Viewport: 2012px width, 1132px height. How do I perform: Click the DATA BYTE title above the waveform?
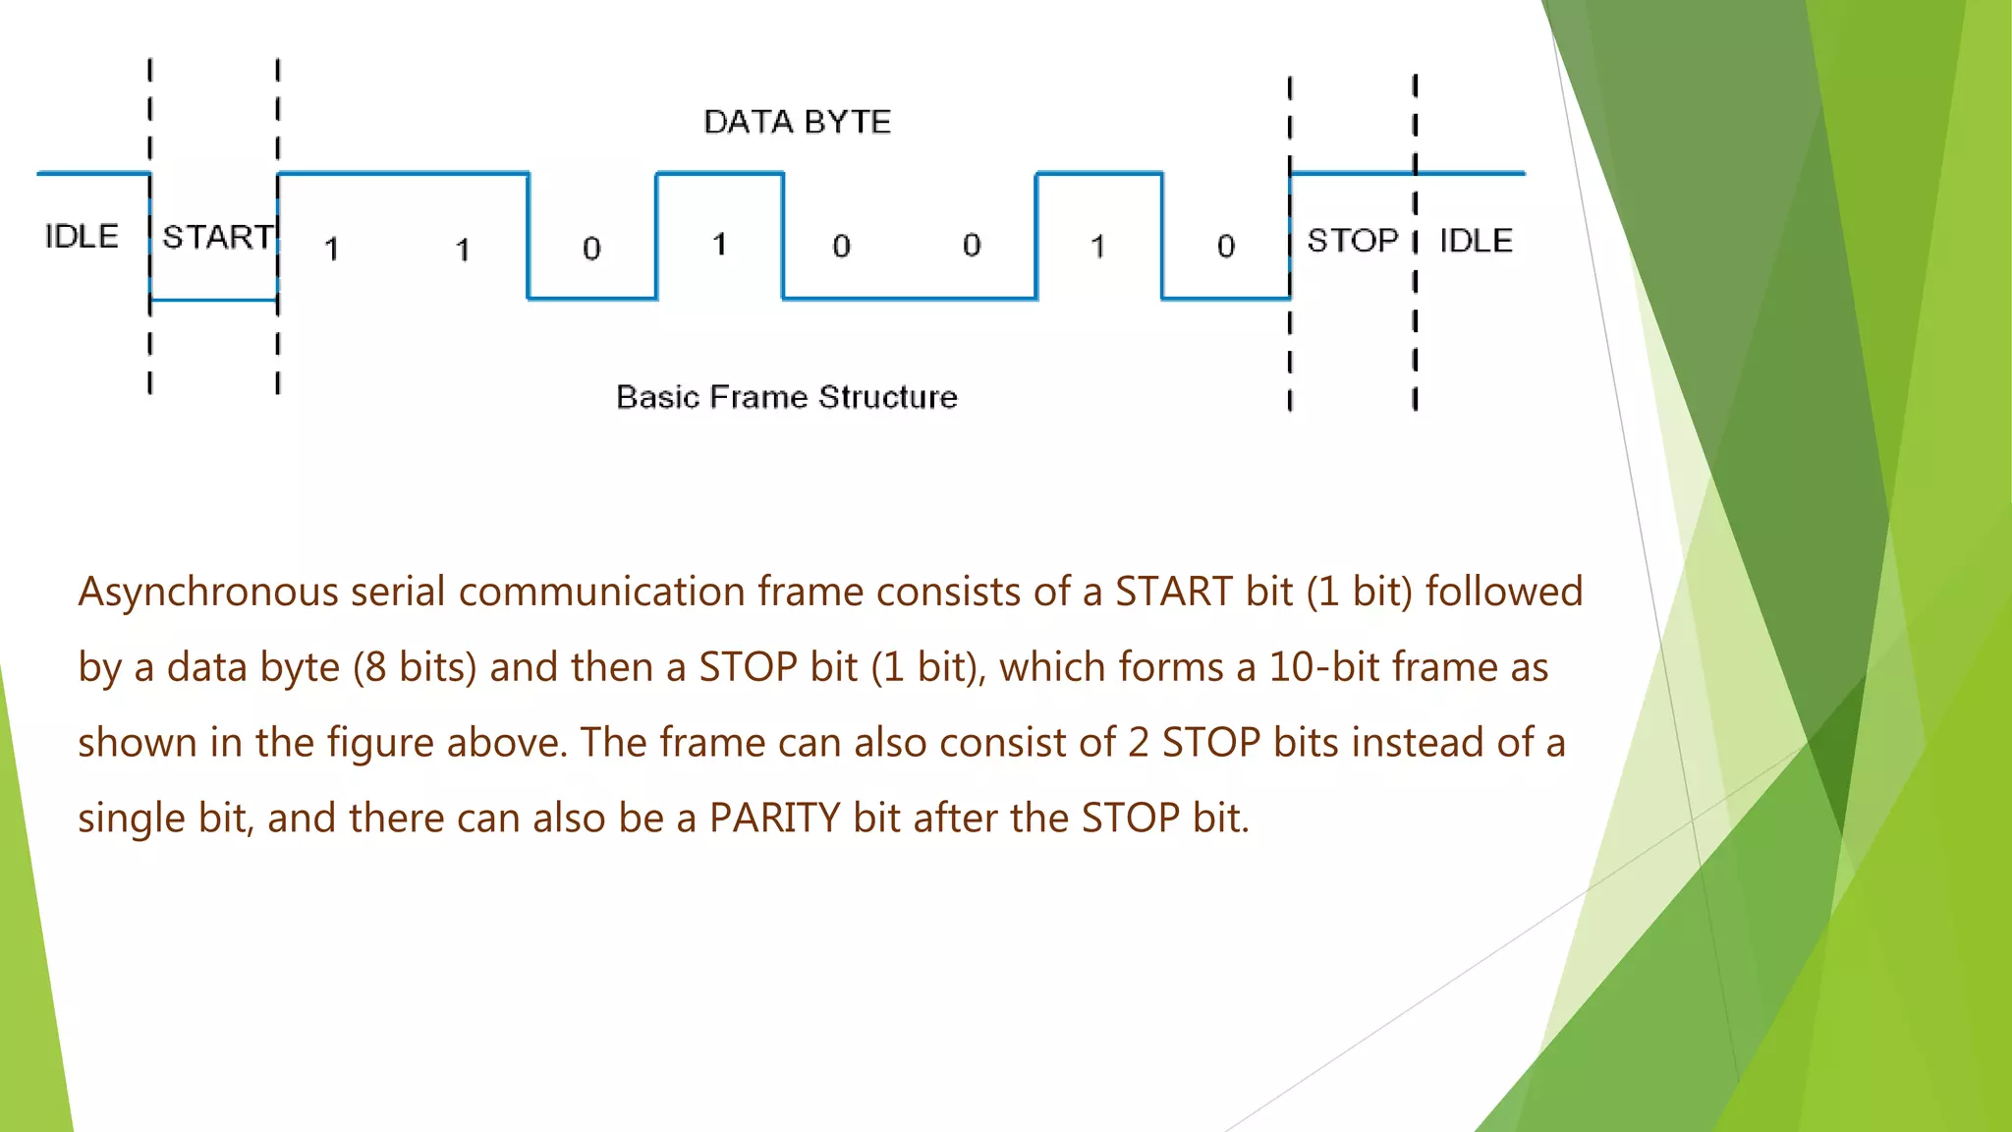point(797,122)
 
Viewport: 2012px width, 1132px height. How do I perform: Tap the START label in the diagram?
point(217,237)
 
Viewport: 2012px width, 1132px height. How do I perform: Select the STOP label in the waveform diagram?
point(1352,240)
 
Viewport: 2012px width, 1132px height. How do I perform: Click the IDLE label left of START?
point(82,236)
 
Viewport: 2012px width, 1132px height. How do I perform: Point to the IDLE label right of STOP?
point(1476,240)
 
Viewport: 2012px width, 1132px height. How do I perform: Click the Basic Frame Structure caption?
point(786,397)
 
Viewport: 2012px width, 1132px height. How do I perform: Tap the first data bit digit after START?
point(332,249)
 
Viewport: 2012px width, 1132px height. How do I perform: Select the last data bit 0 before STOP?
point(1225,246)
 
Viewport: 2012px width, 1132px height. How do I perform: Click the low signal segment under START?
point(213,300)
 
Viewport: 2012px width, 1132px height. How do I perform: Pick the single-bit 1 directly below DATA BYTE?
point(719,244)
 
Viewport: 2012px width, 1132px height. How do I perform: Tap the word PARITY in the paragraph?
point(774,818)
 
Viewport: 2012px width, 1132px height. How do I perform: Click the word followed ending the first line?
point(1503,592)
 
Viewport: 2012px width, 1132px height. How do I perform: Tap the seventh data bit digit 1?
point(1097,246)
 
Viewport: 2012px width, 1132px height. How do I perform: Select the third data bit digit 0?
point(590,248)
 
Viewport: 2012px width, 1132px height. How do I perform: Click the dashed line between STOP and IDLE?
point(1415,295)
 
